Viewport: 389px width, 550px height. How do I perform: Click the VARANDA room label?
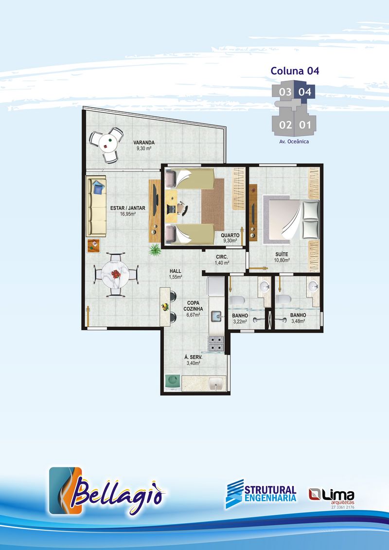[x=144, y=142]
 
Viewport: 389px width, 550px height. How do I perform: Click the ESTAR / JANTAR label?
[x=128, y=208]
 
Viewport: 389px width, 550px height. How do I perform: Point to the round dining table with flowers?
[x=115, y=274]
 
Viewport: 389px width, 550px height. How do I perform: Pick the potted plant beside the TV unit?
[x=155, y=250]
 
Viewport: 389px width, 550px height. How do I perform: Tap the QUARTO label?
[x=230, y=235]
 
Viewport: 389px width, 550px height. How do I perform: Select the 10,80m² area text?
[x=282, y=260]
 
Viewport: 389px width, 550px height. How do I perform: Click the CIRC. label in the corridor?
[x=222, y=257]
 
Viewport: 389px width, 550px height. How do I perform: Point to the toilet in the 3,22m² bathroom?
[x=237, y=301]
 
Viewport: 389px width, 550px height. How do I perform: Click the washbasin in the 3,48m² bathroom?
[x=313, y=287]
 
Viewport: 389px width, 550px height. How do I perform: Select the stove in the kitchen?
[x=216, y=343]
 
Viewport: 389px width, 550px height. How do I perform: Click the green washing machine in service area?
[x=173, y=382]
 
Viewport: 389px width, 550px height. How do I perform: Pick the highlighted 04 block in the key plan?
[x=305, y=92]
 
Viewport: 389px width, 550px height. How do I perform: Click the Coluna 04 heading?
[x=295, y=71]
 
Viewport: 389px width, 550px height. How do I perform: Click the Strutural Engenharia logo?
[x=261, y=494]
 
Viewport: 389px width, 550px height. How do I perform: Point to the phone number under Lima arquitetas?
[x=343, y=507]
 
